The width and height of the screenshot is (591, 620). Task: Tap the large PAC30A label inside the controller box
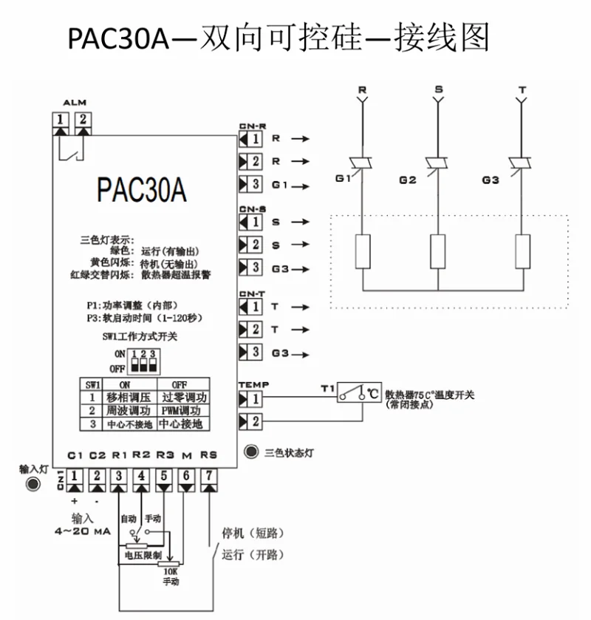[x=141, y=189]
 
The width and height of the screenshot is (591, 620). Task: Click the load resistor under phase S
[x=437, y=251]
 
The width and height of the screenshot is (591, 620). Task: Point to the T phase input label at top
[x=522, y=89]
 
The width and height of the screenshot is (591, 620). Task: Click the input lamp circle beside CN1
[x=32, y=484]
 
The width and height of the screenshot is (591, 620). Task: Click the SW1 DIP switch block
[x=143, y=361]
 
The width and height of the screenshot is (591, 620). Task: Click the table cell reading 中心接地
[x=180, y=423]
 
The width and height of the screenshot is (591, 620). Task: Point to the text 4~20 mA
[x=81, y=531]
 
